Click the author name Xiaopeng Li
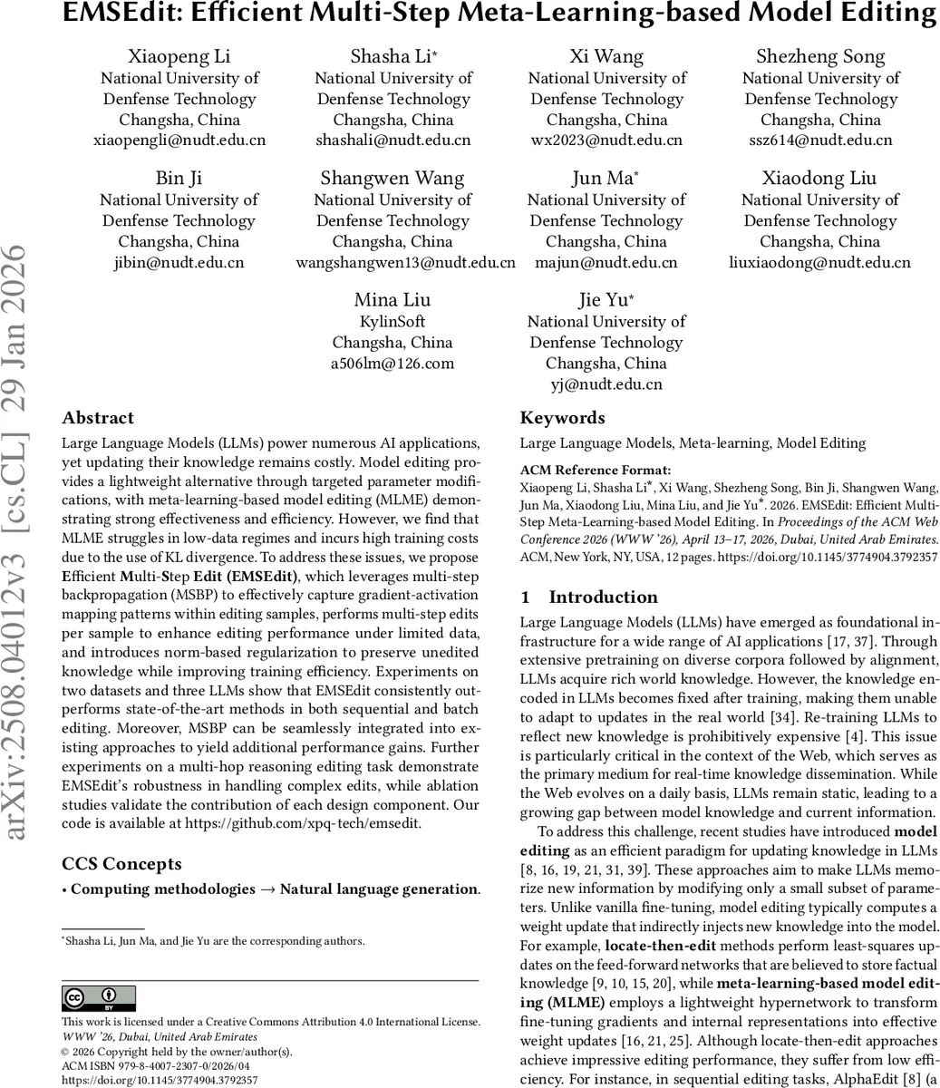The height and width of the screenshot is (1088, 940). pos(179,56)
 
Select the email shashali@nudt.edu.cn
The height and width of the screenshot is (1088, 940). pos(392,141)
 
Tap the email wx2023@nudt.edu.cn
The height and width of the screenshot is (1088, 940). pos(606,141)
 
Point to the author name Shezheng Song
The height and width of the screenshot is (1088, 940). pos(820,56)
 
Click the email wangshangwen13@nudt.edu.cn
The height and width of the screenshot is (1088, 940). pos(405,263)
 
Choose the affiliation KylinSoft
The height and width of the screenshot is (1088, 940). pos(392,322)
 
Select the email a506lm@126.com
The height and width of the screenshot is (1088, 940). pos(392,364)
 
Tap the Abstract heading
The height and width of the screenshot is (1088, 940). pos(98,418)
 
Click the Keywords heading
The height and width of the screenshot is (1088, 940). pos(562,418)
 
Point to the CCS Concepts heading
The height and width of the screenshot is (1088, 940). pos(121,864)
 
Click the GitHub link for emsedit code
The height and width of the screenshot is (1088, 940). pos(304,824)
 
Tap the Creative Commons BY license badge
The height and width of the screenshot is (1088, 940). pos(99,998)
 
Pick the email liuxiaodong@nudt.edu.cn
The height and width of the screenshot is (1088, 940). pos(819,263)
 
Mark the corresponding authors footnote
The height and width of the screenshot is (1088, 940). pos(213,941)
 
